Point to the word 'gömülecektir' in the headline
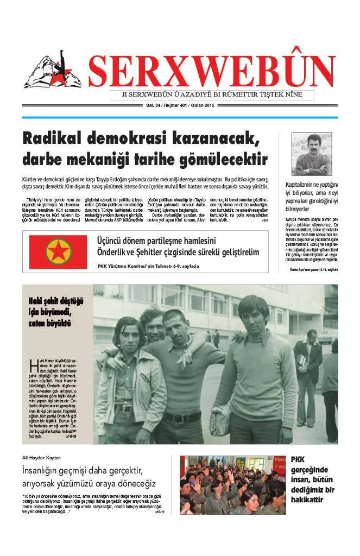[x=222, y=160]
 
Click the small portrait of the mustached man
[x=312, y=154]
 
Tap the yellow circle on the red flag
[x=59, y=252]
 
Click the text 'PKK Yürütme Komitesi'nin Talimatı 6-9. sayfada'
[x=148, y=266]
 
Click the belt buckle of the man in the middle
[x=175, y=418]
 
